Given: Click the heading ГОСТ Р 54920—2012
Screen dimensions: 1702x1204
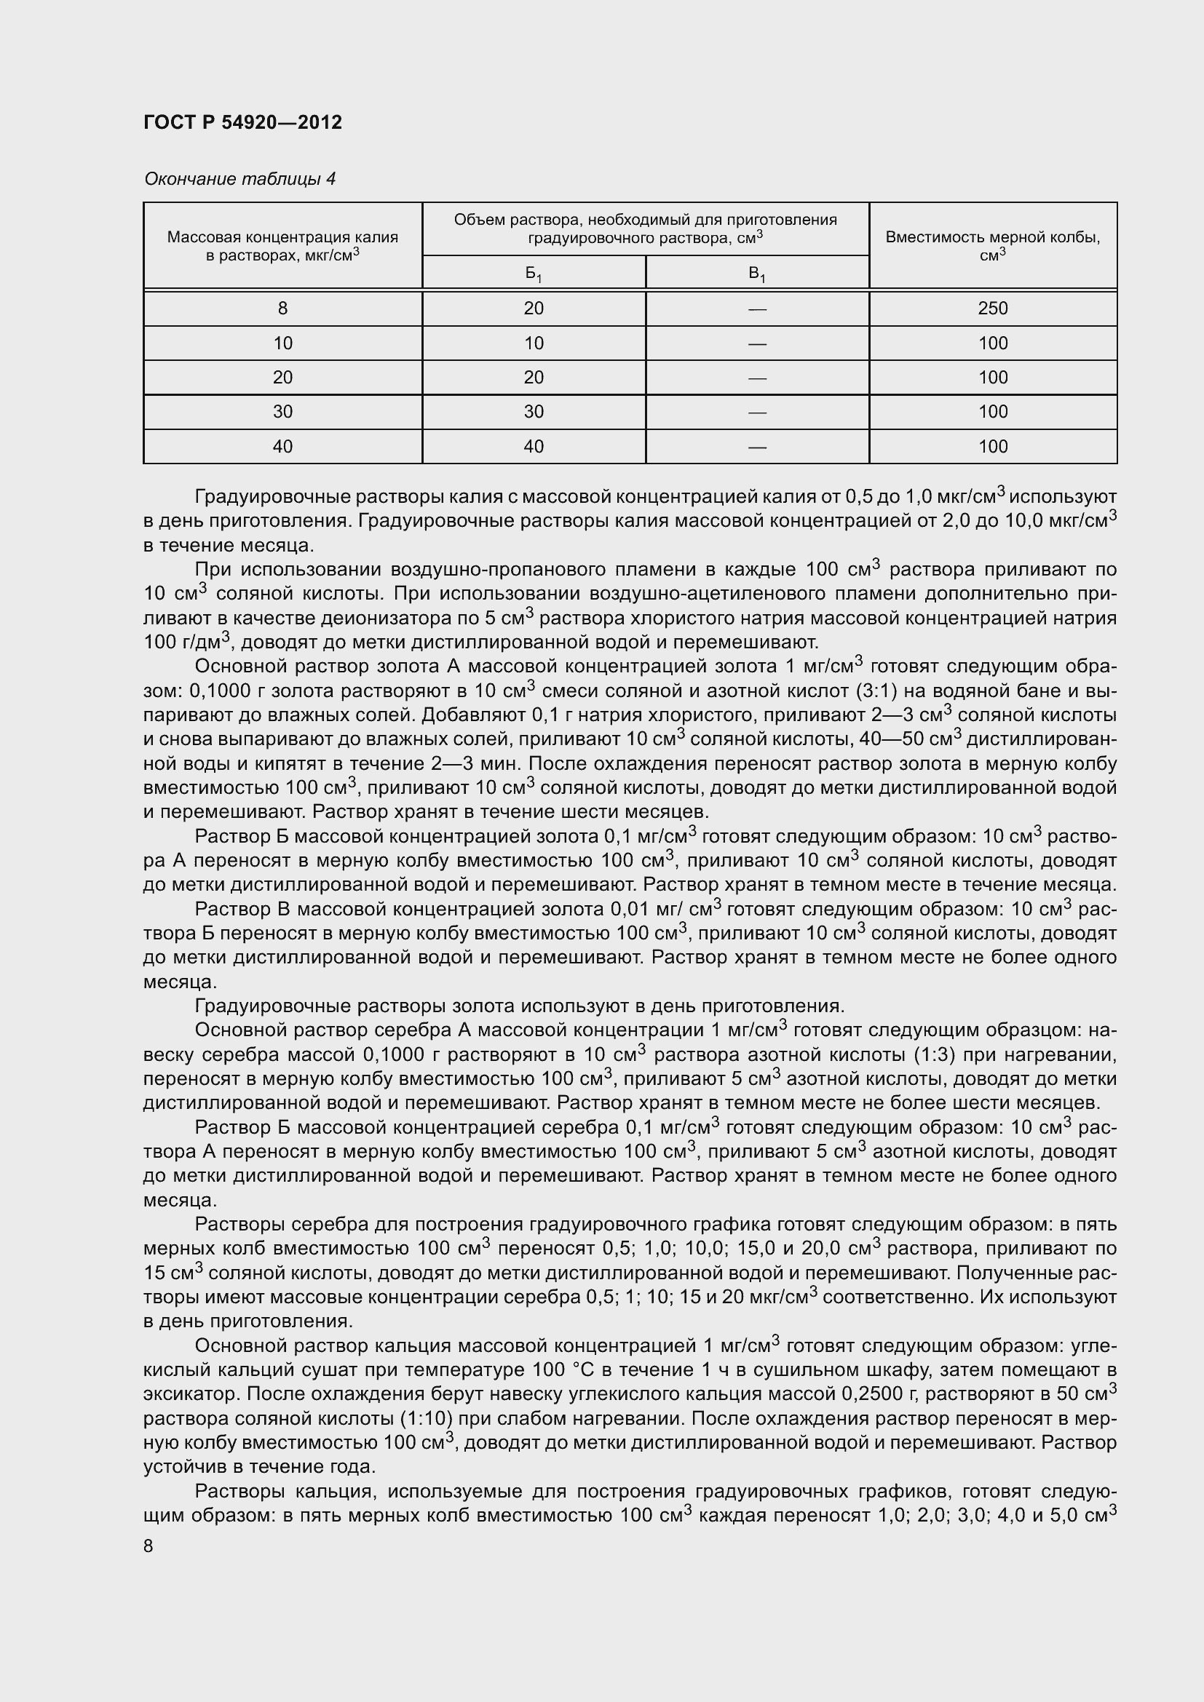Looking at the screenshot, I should [x=242, y=122].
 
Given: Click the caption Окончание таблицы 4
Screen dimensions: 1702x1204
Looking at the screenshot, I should [x=239, y=179].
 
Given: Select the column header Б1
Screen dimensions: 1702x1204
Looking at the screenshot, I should [x=534, y=274].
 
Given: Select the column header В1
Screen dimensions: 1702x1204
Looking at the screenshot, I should [x=757, y=274].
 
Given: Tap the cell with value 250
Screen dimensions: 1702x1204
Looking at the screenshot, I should [x=992, y=309].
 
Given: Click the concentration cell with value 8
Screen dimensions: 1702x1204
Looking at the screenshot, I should [x=282, y=309].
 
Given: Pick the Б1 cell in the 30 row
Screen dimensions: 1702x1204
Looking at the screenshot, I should [x=534, y=412].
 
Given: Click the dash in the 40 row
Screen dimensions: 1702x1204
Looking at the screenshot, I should [x=757, y=447].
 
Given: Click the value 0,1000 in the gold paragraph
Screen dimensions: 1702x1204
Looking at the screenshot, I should [x=220, y=691].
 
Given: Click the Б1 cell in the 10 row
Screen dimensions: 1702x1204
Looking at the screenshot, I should [x=534, y=343].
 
